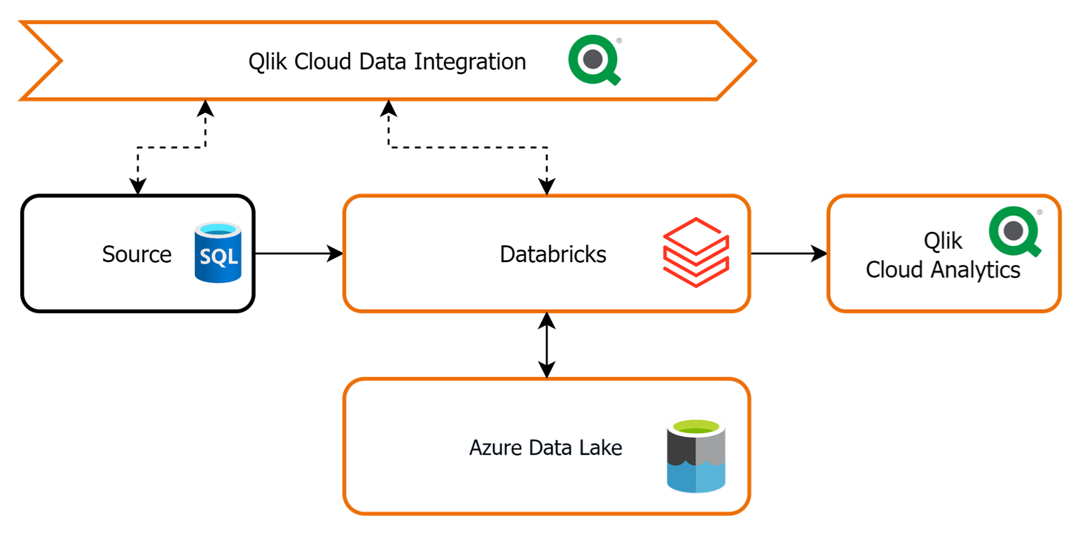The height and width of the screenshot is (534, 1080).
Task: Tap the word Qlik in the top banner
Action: [268, 62]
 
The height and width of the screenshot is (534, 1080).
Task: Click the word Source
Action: [137, 254]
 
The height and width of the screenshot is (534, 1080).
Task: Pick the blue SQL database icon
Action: [218, 252]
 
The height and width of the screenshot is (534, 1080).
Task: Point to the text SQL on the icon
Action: [219, 257]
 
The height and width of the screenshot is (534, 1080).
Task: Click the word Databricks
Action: [553, 254]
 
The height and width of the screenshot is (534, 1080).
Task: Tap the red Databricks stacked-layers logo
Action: [696, 252]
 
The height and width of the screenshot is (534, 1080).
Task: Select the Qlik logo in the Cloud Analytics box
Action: [1014, 231]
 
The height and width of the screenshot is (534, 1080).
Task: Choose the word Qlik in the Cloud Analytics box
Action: [943, 240]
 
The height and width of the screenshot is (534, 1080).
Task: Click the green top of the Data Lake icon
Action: [696, 426]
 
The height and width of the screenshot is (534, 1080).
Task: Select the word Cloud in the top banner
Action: [323, 62]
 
